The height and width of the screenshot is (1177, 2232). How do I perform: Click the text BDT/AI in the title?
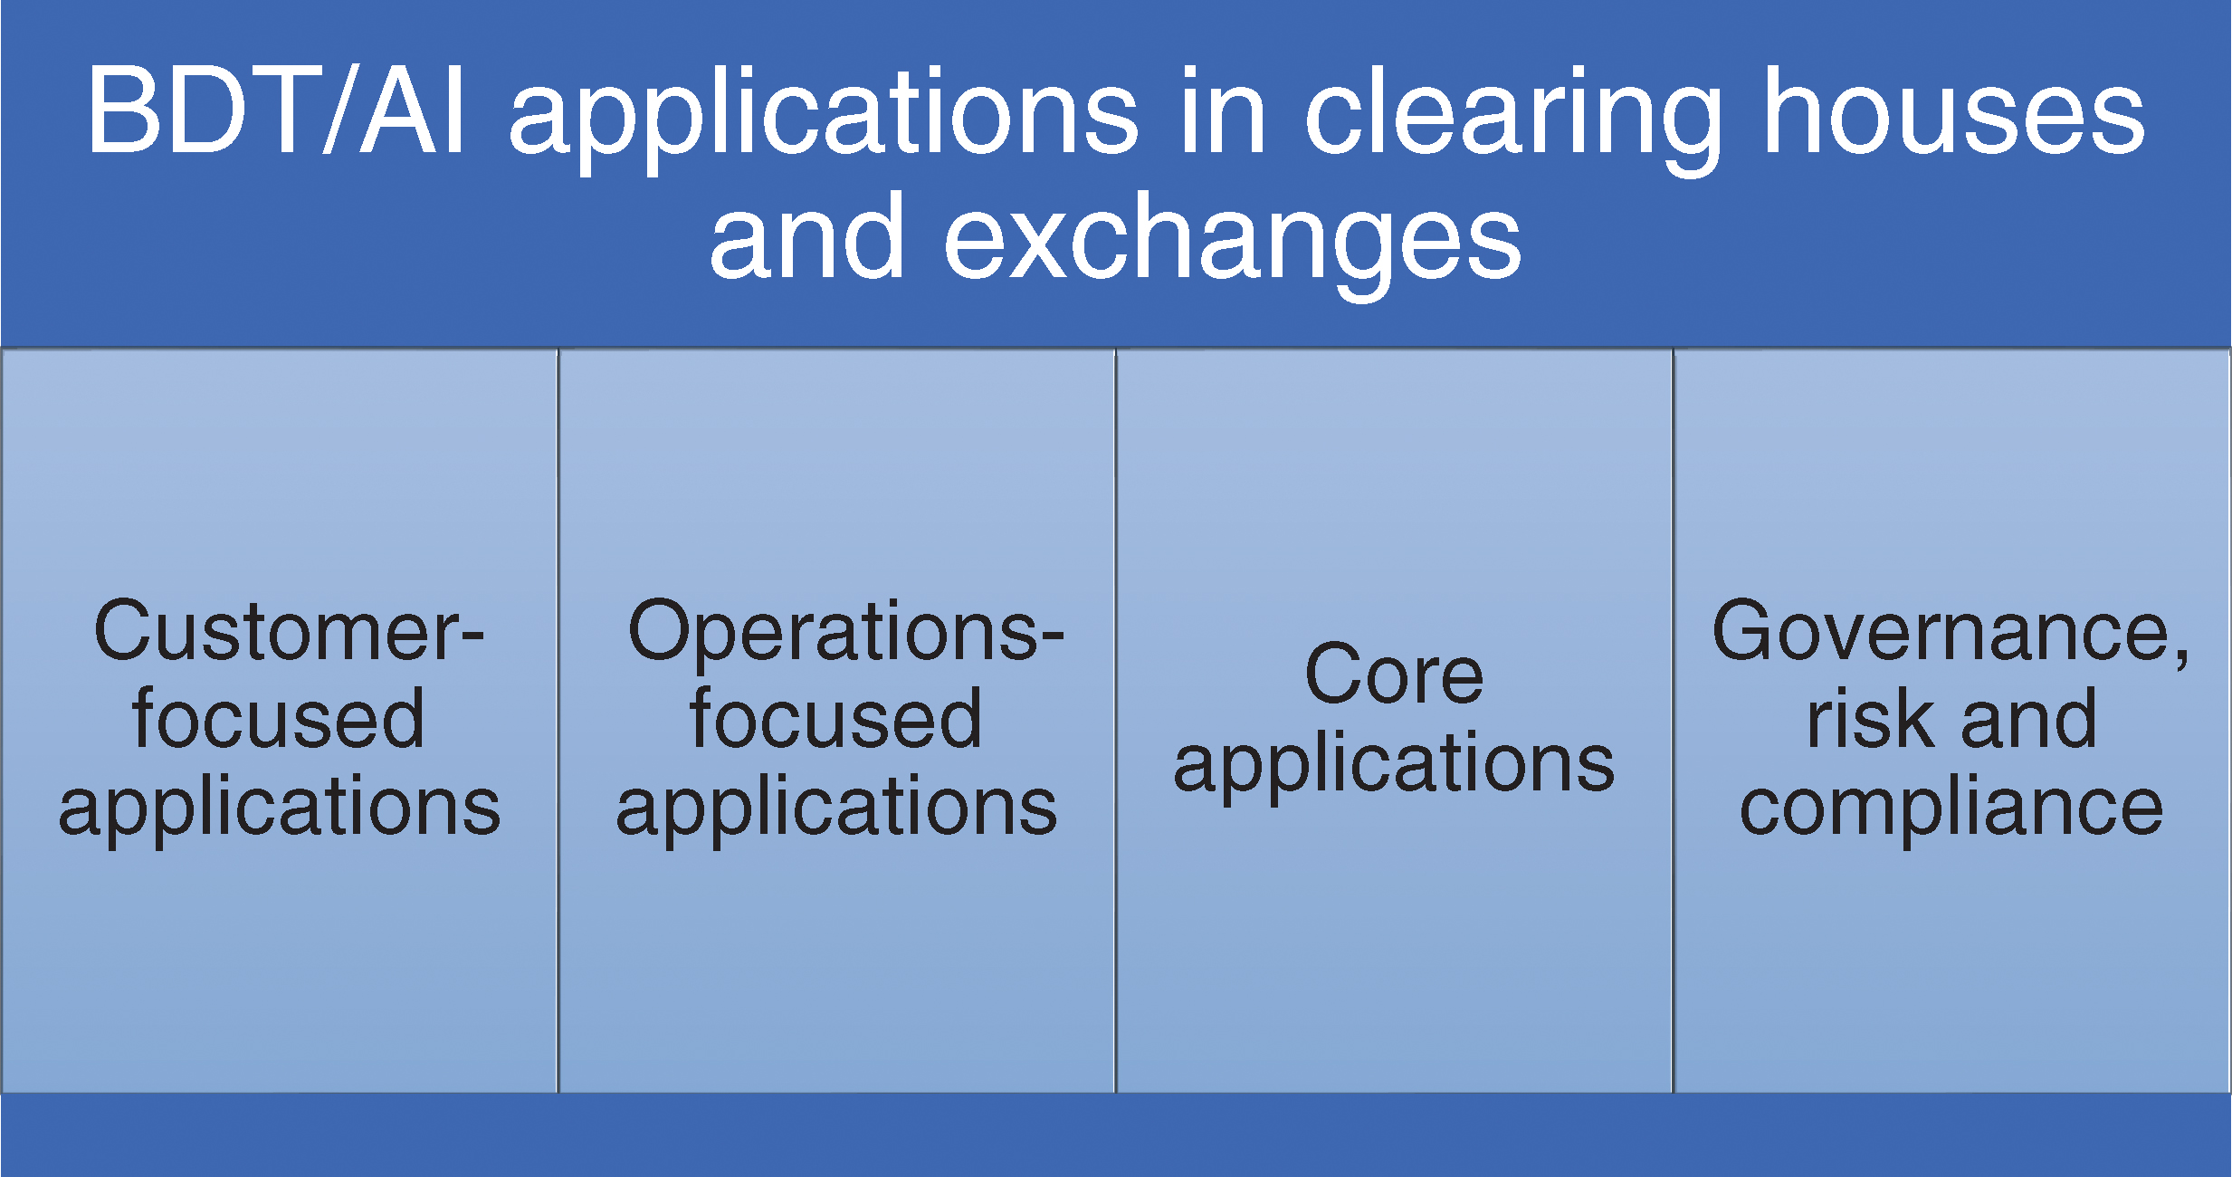click(x=277, y=110)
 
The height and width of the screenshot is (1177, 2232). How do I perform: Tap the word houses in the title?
click(x=1954, y=110)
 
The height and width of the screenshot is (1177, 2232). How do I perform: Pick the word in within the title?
click(x=1222, y=110)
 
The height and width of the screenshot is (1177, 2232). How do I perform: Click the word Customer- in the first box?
click(x=289, y=631)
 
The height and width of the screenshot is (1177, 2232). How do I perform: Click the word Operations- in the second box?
click(x=845, y=631)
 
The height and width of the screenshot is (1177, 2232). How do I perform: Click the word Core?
click(x=1395, y=675)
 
